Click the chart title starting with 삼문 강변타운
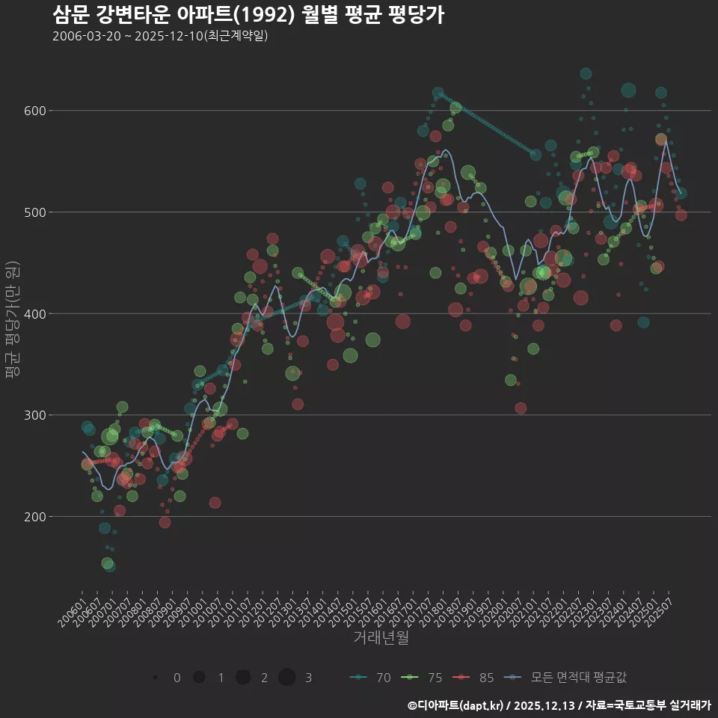(248, 15)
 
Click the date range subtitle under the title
(160, 37)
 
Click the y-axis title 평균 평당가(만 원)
(12, 322)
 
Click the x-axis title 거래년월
(381, 638)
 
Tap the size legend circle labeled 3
(287, 678)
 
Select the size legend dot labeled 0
(155, 678)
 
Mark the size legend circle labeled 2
(243, 678)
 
